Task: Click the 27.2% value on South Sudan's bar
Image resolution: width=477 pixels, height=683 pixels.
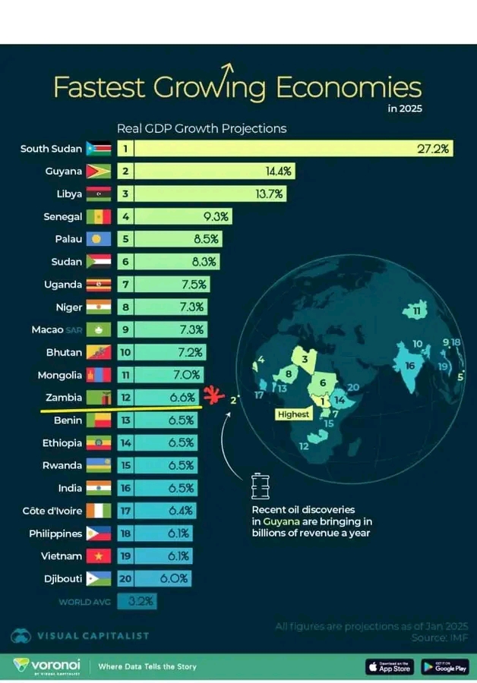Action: pos(434,149)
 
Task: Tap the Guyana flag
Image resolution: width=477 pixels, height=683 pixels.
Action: pos(99,172)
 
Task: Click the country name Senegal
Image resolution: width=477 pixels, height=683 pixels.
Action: pos(63,217)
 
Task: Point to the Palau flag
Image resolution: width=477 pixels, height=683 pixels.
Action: pos(99,239)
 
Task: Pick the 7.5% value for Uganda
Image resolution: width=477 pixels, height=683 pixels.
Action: pos(193,285)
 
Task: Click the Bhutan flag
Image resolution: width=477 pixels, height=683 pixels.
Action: pos(99,353)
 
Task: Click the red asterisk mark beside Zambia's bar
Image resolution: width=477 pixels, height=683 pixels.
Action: pos(214,395)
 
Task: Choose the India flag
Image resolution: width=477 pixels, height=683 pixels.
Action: pos(99,488)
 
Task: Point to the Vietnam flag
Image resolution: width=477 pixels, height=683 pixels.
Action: pos(99,556)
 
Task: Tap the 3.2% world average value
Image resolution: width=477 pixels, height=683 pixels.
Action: pos(141,603)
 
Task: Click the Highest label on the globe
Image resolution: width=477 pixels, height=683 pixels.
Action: pos(293,414)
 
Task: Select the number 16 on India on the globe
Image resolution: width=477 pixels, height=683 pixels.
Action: pos(410,365)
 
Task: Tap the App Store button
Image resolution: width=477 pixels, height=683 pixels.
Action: pos(388,667)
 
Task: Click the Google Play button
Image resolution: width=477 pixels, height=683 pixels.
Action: pos(445,667)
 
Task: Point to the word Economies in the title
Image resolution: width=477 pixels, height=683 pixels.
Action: pos(348,87)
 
